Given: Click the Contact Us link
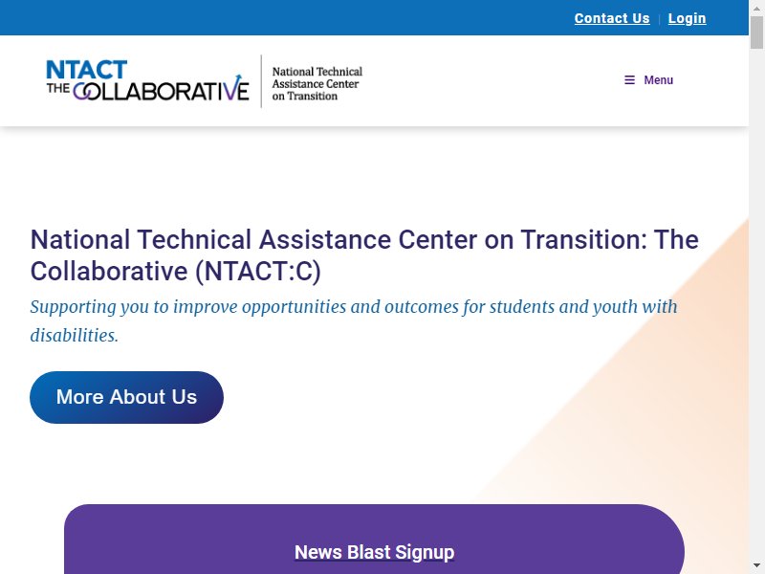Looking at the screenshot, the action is [x=612, y=18].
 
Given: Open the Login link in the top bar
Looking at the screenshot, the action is [x=687, y=18].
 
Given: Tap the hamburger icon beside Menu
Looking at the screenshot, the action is [x=630, y=80].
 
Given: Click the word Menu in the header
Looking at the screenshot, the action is [x=658, y=80].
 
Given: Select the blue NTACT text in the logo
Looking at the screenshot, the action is [x=87, y=70].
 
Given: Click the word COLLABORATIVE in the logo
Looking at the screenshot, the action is [x=161, y=90].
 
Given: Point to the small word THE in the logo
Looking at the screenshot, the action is [x=58, y=88].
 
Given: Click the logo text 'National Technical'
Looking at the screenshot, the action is [x=317, y=72].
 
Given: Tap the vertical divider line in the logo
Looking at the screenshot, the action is [x=261, y=81].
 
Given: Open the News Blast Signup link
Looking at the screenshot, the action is [x=374, y=553].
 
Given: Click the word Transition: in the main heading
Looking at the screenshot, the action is [x=584, y=240].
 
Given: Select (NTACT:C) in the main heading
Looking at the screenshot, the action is [x=258, y=272].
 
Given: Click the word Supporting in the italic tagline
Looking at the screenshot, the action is [x=74, y=307].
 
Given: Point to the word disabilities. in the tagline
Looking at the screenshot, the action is [x=75, y=336].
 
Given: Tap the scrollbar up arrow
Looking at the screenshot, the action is [x=756, y=9].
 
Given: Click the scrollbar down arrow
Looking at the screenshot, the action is [x=756, y=565].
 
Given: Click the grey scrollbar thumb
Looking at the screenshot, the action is [x=756, y=33].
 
